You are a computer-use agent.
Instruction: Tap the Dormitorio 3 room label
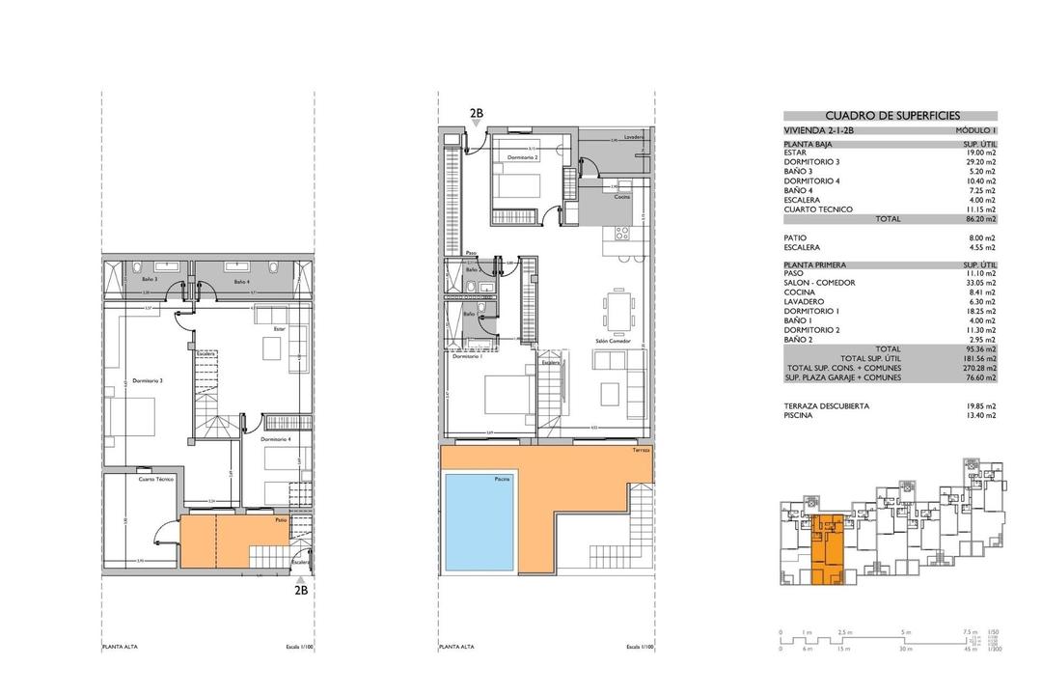coord(148,380)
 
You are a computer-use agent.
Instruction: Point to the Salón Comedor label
coord(614,341)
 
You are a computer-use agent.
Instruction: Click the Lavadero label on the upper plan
coord(634,136)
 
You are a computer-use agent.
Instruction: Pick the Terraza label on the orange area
coord(642,451)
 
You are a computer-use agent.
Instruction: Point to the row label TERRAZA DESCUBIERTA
coord(826,406)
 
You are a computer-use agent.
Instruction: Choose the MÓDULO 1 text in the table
coord(976,129)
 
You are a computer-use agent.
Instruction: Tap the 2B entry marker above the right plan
coord(477,113)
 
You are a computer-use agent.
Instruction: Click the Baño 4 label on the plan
coord(241,282)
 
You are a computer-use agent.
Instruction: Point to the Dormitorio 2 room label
coord(521,156)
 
